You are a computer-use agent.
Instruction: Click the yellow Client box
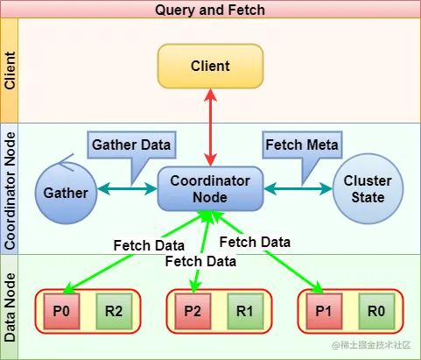pos(210,66)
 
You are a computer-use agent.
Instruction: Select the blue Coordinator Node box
pos(210,188)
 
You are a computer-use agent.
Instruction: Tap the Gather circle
pos(66,193)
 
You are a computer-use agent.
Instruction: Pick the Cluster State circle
pos(368,189)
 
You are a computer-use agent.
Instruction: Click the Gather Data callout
pos(131,145)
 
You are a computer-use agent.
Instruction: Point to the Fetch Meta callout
pos(302,145)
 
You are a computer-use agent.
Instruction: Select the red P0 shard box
pos(61,311)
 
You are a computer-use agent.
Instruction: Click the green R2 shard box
pos(114,311)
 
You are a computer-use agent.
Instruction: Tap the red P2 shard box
pos(193,311)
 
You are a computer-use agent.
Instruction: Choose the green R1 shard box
pos(245,311)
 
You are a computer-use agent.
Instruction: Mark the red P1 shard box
pos(324,311)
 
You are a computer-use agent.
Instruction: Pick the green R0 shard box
pos(376,311)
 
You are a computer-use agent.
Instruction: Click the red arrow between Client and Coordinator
pos(210,128)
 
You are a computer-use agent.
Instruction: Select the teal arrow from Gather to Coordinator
pos(127,188)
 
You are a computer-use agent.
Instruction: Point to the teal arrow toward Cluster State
pos(298,188)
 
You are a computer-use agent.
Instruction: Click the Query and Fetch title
pos(210,10)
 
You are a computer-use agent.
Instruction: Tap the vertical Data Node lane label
pos(10,307)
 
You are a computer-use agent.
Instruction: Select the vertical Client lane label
pos(10,70)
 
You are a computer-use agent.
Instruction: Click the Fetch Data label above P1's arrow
pos(255,242)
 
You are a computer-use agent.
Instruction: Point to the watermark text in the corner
pos(371,345)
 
